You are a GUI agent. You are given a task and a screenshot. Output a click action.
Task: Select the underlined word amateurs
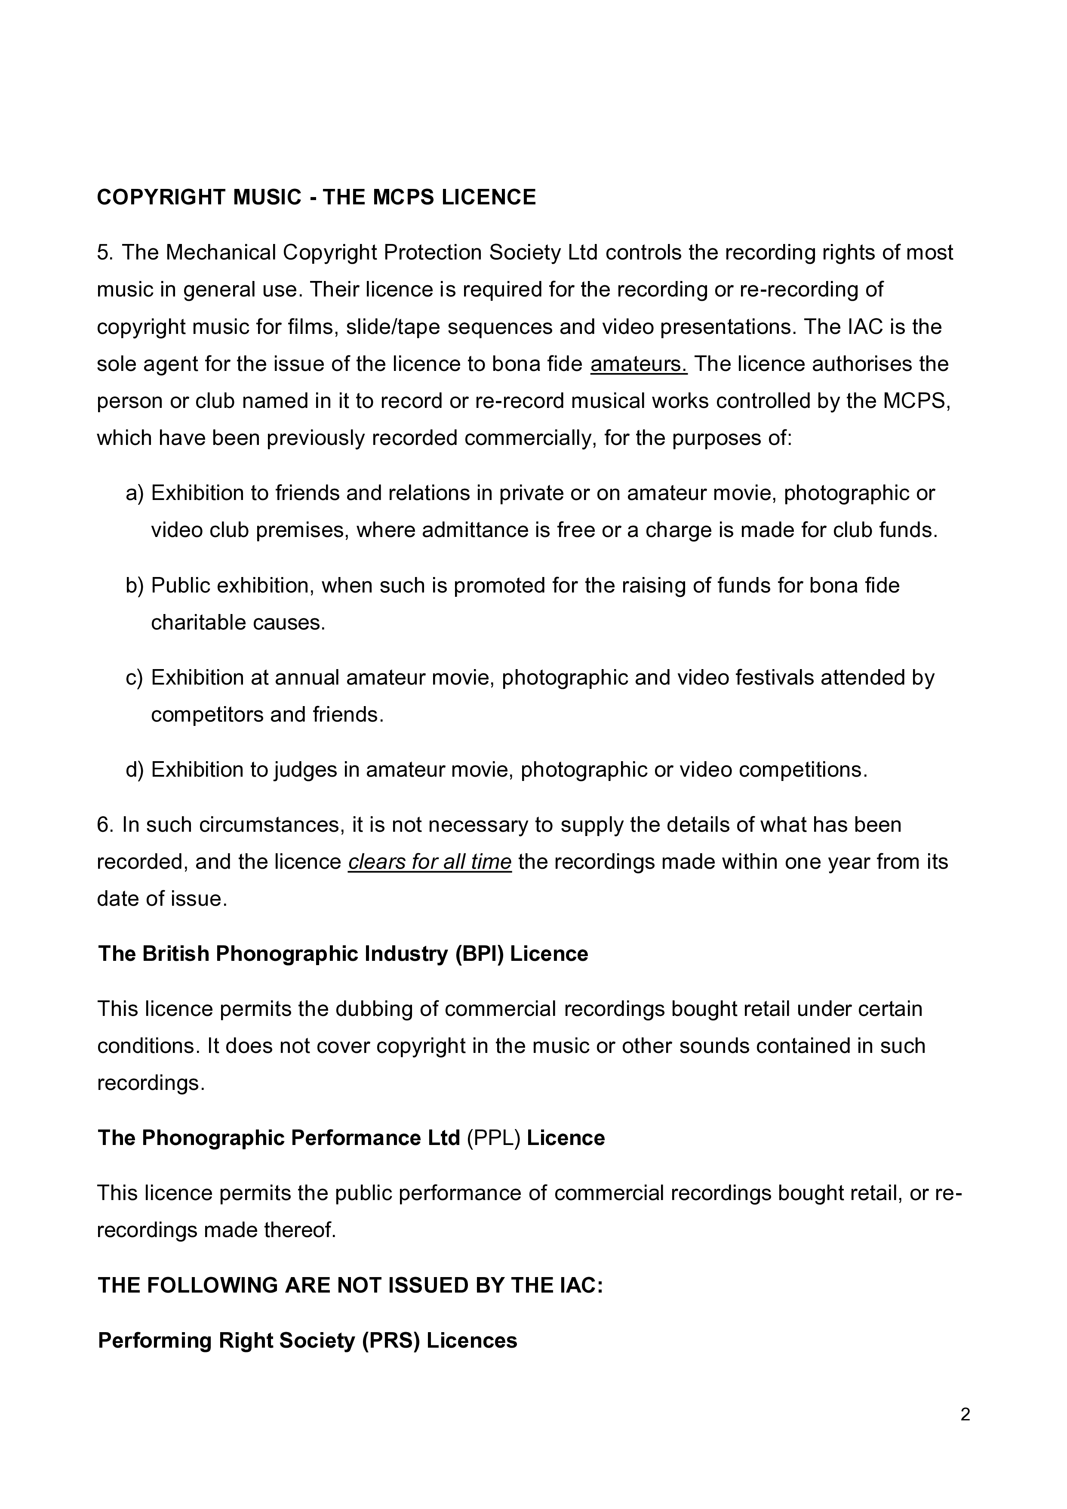(x=639, y=364)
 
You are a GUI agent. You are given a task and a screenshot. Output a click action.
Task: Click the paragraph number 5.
(x=105, y=253)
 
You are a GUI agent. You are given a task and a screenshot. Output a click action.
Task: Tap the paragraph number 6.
(x=105, y=825)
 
